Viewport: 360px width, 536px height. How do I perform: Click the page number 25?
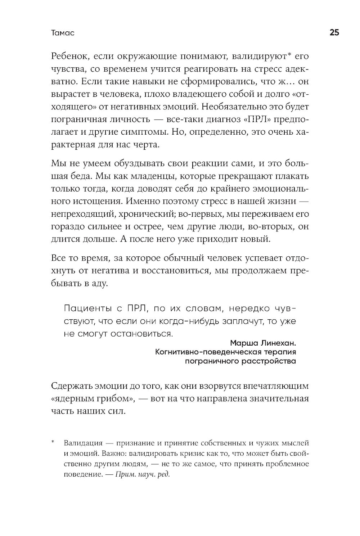point(334,33)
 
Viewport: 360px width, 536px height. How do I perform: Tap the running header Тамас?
point(63,33)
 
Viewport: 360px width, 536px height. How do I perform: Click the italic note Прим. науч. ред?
point(142,474)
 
